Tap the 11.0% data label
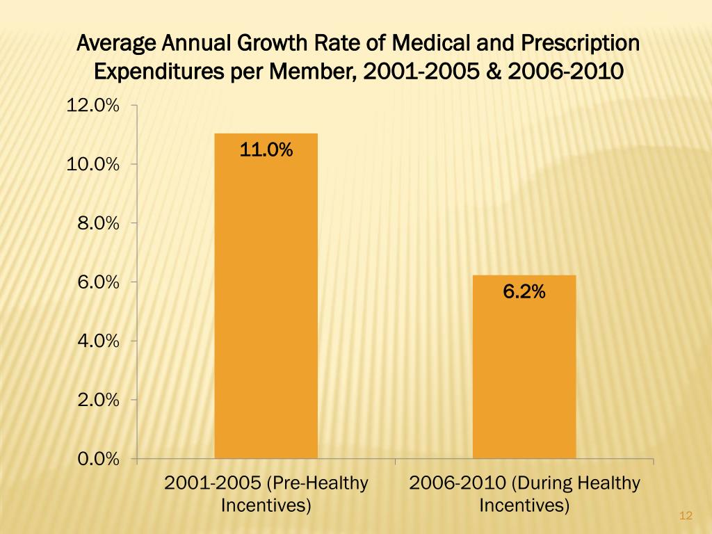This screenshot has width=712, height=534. tap(266, 149)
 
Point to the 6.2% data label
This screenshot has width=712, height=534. tap(524, 293)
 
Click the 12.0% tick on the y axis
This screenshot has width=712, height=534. tap(92, 106)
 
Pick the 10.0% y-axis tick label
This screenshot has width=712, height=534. tap(92, 165)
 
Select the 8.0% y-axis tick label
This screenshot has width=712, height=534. tap(97, 223)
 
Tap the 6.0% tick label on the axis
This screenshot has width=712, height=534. tap(97, 282)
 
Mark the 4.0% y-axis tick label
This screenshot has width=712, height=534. tap(97, 341)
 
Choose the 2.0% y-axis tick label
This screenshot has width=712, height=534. tap(97, 400)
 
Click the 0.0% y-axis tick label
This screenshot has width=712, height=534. tap(97, 459)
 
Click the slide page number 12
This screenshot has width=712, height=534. tap(686, 515)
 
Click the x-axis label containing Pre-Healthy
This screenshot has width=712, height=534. tap(266, 494)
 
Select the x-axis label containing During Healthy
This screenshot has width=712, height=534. tap(524, 494)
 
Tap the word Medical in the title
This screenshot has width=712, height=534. tap(432, 44)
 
